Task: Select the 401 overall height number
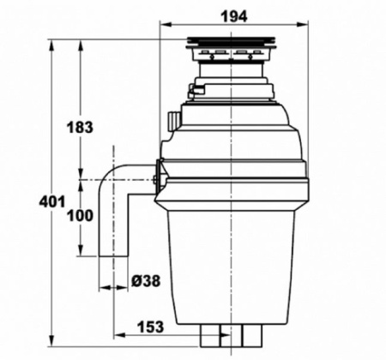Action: tap(53, 202)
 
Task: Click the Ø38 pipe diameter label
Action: tap(145, 280)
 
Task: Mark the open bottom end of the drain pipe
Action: tap(112, 255)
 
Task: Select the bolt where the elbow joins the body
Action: tap(154, 180)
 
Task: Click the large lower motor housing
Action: tap(230, 257)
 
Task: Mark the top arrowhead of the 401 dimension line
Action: tap(51, 42)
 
